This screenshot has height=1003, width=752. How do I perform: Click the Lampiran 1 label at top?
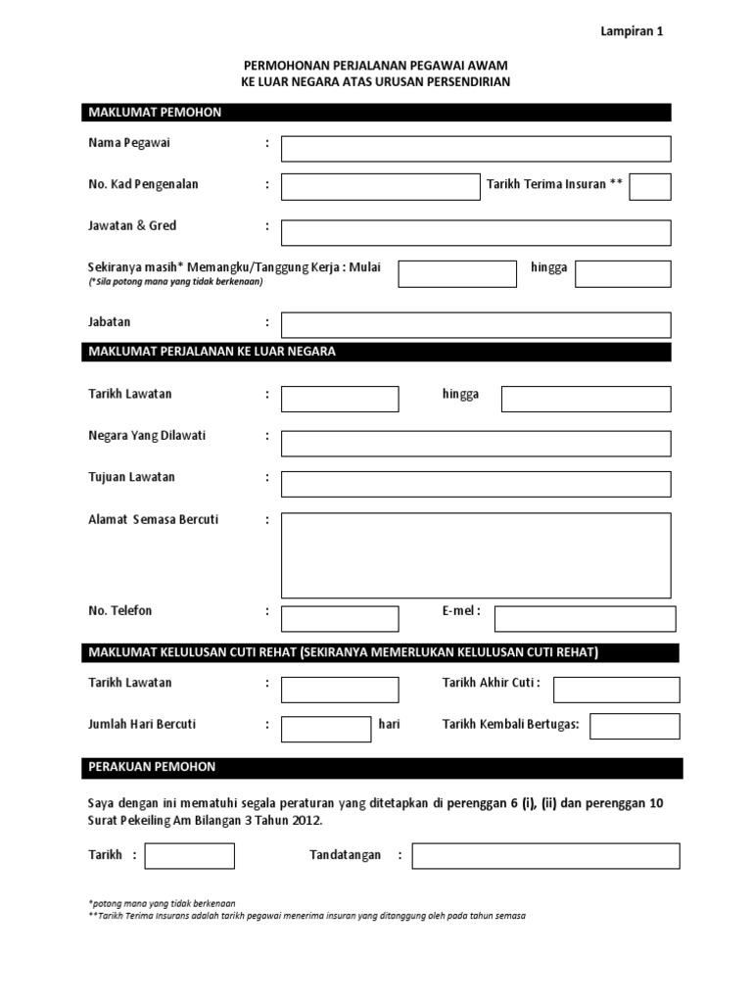(632, 31)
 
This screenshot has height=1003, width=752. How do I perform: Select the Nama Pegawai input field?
(476, 149)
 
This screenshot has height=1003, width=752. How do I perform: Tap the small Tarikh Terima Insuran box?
(649, 186)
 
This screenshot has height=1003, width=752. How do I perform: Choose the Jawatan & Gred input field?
(476, 232)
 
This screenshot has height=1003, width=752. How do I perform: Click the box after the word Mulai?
(456, 273)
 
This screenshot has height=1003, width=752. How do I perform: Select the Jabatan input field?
(476, 325)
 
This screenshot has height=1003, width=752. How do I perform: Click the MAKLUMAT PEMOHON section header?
(377, 113)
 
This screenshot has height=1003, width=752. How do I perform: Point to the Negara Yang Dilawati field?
(476, 444)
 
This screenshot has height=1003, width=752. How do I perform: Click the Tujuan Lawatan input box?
(476, 484)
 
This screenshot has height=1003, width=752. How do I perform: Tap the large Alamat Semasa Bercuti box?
(476, 554)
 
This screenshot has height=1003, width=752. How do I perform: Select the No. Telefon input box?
(340, 619)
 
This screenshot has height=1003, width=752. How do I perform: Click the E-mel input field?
(585, 619)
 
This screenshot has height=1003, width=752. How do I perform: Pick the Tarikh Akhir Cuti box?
(616, 690)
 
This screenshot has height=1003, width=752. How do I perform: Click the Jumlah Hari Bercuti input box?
(325, 730)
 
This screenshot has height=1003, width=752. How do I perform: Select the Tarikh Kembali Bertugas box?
(634, 726)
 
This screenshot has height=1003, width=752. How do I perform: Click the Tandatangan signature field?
(545, 856)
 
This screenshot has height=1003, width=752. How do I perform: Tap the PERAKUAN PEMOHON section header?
(381, 767)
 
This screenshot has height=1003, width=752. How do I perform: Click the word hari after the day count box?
(390, 725)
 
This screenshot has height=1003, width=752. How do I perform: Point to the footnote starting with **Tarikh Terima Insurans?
(306, 915)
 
